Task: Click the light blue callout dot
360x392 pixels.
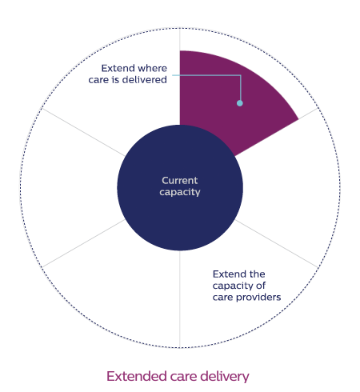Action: tap(240, 103)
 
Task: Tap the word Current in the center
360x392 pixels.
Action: tap(180, 181)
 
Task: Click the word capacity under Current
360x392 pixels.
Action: tap(180, 192)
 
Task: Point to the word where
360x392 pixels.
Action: tap(152, 68)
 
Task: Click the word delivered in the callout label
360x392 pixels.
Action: tap(145, 80)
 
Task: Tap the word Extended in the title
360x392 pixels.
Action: tap(136, 376)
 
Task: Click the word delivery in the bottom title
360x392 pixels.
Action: tap(225, 377)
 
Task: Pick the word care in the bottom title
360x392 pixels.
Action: tap(184, 378)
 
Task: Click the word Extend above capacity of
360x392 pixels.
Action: tap(226, 274)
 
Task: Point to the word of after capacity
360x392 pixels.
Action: tap(261, 286)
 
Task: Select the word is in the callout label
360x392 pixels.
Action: tap(115, 80)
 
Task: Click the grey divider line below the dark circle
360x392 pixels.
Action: tap(180, 299)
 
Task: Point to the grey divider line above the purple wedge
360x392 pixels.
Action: tap(180, 39)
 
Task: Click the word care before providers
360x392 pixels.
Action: tap(223, 298)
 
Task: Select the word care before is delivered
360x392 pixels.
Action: tap(98, 80)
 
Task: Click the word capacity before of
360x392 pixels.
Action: tap(233, 286)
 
